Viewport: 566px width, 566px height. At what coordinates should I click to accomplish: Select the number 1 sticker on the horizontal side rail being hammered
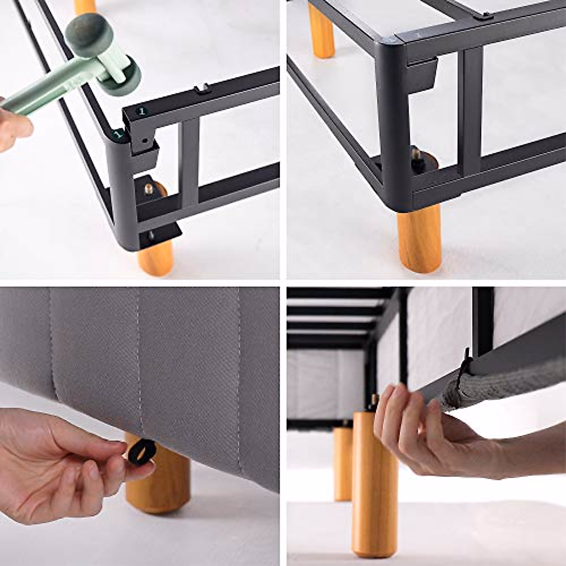point(140,112)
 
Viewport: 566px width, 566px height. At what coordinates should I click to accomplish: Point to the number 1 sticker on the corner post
point(120,135)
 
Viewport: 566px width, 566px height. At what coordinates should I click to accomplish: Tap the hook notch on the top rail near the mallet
point(203,88)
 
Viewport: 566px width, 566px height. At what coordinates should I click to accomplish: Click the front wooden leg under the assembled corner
point(419,241)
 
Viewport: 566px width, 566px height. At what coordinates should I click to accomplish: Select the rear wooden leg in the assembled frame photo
point(322,31)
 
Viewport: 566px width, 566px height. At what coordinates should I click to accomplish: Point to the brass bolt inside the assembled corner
point(416,154)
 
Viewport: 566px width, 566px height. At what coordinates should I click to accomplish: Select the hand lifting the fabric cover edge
point(424,434)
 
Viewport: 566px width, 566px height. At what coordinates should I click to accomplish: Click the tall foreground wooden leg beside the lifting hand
point(375,486)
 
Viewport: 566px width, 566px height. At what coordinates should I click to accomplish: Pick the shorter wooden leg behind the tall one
point(343,462)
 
